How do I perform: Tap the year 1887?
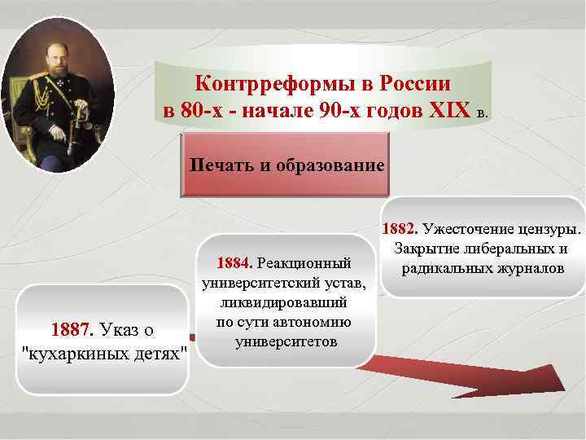(72, 331)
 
